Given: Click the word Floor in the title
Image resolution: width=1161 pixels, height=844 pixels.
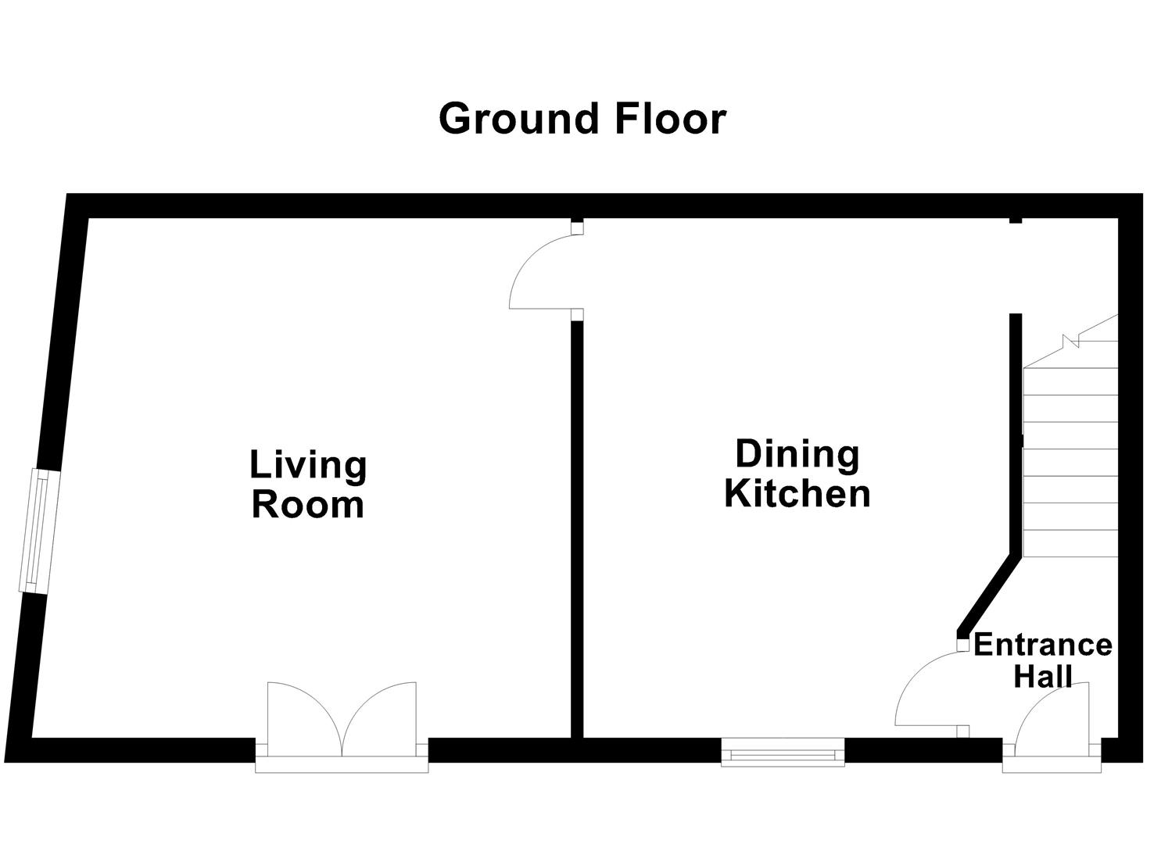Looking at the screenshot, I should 670,120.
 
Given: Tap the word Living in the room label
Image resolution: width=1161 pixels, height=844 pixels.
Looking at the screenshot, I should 308,465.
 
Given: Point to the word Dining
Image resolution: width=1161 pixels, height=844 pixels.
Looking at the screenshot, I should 797,454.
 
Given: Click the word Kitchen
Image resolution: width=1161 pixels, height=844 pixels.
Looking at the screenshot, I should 797,494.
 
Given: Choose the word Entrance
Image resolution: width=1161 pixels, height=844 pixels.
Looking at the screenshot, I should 1042,645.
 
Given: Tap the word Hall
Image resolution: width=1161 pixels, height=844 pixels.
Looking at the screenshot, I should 1042,676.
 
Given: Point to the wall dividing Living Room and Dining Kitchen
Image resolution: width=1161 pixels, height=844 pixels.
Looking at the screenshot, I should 577,531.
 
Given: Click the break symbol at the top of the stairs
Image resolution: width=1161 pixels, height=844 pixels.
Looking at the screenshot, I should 1071,340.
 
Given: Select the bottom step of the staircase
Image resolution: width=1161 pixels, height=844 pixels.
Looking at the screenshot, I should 1070,543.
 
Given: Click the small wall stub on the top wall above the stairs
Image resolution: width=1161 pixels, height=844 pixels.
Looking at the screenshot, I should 1015,220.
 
